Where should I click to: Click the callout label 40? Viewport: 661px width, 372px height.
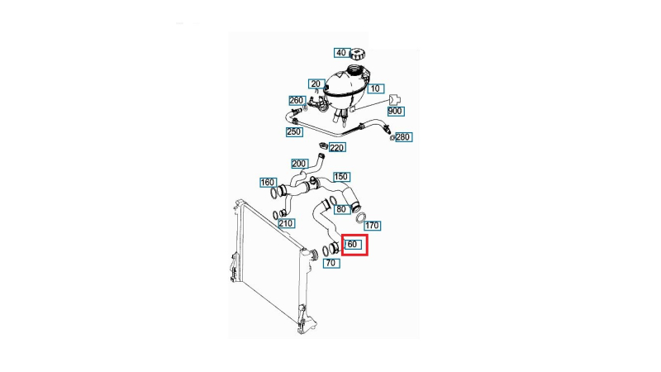[340, 53]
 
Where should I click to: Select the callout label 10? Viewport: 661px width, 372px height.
[375, 88]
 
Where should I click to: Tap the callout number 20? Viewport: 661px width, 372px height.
[316, 84]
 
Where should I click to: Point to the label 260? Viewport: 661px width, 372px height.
[297, 100]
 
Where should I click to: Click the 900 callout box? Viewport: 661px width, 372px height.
[395, 112]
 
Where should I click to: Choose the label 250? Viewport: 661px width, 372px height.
[293, 131]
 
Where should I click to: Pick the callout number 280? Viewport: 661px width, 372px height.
[403, 137]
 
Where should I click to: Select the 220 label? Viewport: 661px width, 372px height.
[336, 148]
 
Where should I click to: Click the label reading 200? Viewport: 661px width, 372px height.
[299, 164]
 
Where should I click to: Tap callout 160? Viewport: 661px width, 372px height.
[268, 183]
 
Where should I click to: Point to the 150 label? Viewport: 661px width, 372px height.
[341, 177]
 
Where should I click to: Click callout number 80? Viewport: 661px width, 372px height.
[341, 209]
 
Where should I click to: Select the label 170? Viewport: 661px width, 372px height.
[372, 226]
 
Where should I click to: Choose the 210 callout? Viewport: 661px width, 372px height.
[286, 223]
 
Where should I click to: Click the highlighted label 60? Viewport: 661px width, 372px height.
[353, 244]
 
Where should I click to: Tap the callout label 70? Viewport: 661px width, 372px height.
[331, 263]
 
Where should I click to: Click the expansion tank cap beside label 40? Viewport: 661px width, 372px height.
[357, 54]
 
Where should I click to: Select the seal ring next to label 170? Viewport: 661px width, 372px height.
[360, 217]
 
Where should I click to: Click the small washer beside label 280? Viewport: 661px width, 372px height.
[392, 137]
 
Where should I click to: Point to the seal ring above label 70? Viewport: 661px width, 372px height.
[326, 250]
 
